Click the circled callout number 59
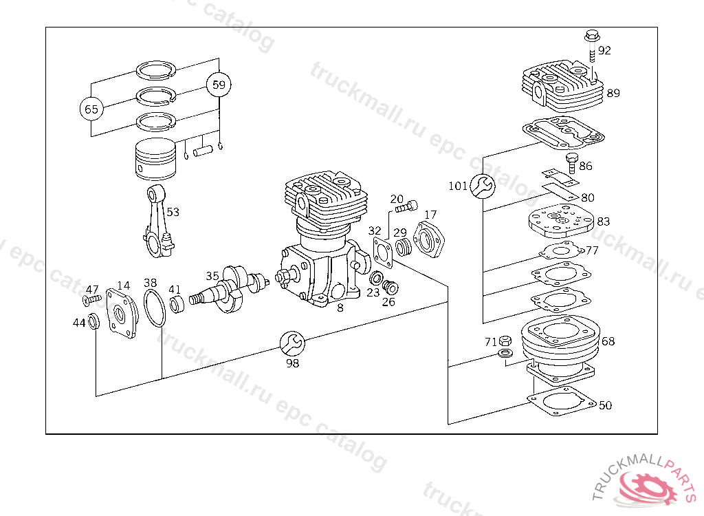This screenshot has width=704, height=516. point(219,85)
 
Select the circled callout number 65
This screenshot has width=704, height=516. point(91,109)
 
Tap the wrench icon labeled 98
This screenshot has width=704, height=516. point(292,344)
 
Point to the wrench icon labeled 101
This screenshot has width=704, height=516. point(483,186)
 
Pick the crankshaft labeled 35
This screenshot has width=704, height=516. point(229,288)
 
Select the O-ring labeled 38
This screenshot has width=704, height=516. point(155,308)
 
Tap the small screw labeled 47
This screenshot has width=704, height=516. point(92,299)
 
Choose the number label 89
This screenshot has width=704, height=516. point(613,93)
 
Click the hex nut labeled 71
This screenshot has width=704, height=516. point(504,341)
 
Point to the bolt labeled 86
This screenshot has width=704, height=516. point(571,164)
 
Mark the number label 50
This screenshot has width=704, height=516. point(605,405)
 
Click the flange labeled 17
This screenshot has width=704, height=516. point(428,239)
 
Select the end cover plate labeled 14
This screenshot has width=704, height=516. point(122,313)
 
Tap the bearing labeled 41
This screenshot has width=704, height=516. point(177,305)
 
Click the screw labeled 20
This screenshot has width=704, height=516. point(406,207)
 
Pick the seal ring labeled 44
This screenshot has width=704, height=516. point(93,321)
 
